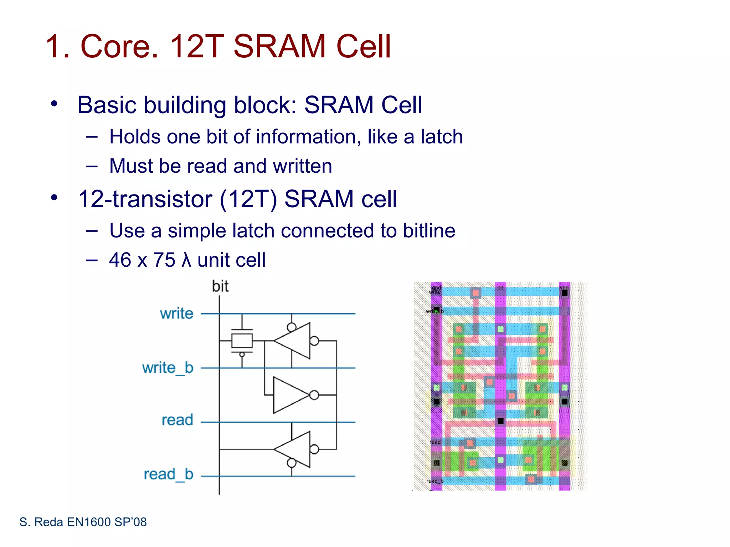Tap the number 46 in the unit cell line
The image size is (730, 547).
(120, 260)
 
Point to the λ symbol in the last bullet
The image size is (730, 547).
(186, 260)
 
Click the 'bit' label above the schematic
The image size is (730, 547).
(220, 286)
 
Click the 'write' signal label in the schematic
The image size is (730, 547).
(176, 314)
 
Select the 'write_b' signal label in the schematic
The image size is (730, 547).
(168, 368)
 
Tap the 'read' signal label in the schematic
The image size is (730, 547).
(177, 420)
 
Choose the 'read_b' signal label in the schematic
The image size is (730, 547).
(168, 474)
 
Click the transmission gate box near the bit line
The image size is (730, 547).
(242, 341)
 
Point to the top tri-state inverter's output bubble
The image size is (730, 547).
(314, 341)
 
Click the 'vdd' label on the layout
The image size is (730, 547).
(564, 287)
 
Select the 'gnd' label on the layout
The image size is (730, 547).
(436, 287)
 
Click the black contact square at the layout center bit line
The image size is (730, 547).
(500, 421)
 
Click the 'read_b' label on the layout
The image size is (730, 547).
(435, 481)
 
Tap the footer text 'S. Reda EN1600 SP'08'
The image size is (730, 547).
(83, 522)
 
